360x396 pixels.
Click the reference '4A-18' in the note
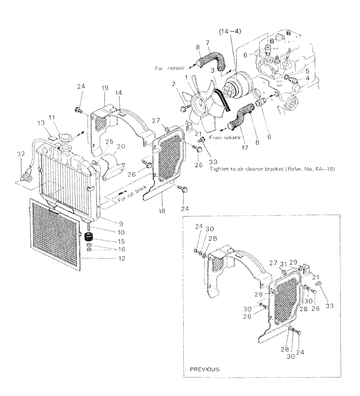(x=325, y=168)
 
